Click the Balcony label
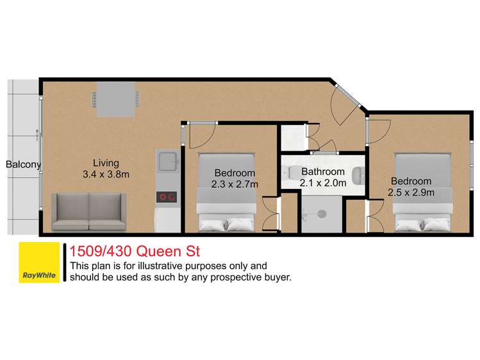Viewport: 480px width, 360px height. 23,165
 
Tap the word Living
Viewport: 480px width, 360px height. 106,163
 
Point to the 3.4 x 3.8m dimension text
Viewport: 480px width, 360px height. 106,174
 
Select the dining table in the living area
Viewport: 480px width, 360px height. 117,102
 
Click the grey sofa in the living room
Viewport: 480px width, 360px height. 89,211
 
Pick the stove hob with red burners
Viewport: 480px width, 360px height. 167,197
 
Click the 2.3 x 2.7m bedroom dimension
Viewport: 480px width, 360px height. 235,184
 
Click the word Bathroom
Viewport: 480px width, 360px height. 323,172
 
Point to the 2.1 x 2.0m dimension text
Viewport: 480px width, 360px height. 323,183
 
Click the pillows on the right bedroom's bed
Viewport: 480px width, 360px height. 423,224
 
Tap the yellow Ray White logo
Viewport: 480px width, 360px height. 40,263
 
